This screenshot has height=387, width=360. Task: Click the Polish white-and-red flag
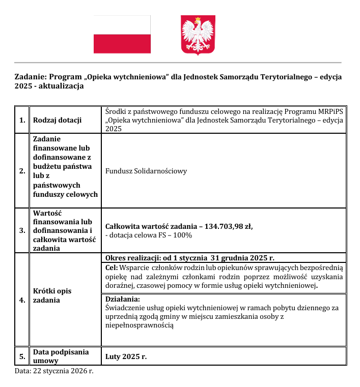[x=122, y=35]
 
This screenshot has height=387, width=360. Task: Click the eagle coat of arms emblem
[x=198, y=35]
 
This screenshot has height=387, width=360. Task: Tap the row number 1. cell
[x=22, y=121]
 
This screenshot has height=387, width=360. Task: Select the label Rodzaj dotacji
[x=57, y=121]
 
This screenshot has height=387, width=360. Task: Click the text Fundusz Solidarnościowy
[x=146, y=171]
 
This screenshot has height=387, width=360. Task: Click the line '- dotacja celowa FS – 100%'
[x=148, y=235]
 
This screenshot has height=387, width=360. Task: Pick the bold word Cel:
[x=112, y=267]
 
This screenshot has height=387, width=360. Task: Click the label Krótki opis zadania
[x=52, y=295]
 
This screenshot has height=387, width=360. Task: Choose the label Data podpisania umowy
[x=60, y=356]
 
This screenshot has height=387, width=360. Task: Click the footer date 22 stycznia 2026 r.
[x=63, y=371]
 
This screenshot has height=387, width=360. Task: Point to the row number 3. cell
[x=22, y=230]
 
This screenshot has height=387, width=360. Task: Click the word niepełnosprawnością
[x=139, y=325]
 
